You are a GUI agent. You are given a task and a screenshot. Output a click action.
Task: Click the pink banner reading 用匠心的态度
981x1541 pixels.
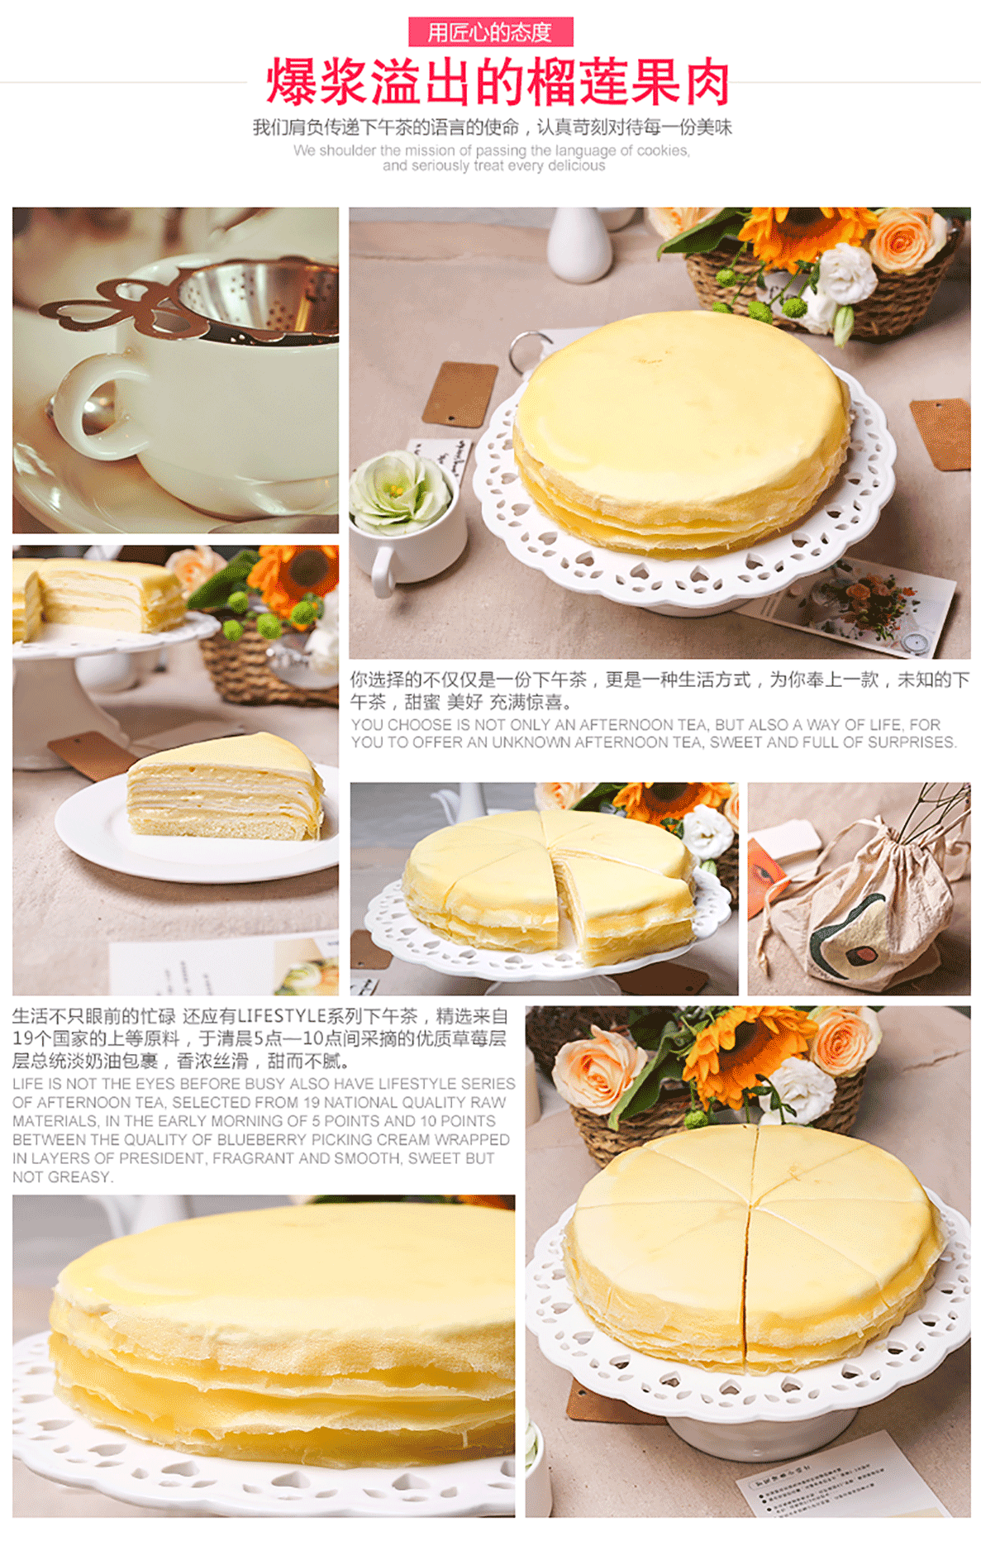[490, 32]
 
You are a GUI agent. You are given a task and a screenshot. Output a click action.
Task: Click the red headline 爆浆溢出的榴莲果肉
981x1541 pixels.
[498, 82]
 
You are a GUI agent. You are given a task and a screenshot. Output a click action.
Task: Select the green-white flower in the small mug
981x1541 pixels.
[400, 492]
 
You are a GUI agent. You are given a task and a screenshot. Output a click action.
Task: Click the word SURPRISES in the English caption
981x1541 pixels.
[916, 742]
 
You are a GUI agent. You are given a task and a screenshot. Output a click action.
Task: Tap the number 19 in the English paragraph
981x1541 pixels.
[311, 1103]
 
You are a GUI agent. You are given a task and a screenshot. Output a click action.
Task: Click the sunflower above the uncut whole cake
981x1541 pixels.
[800, 235]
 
